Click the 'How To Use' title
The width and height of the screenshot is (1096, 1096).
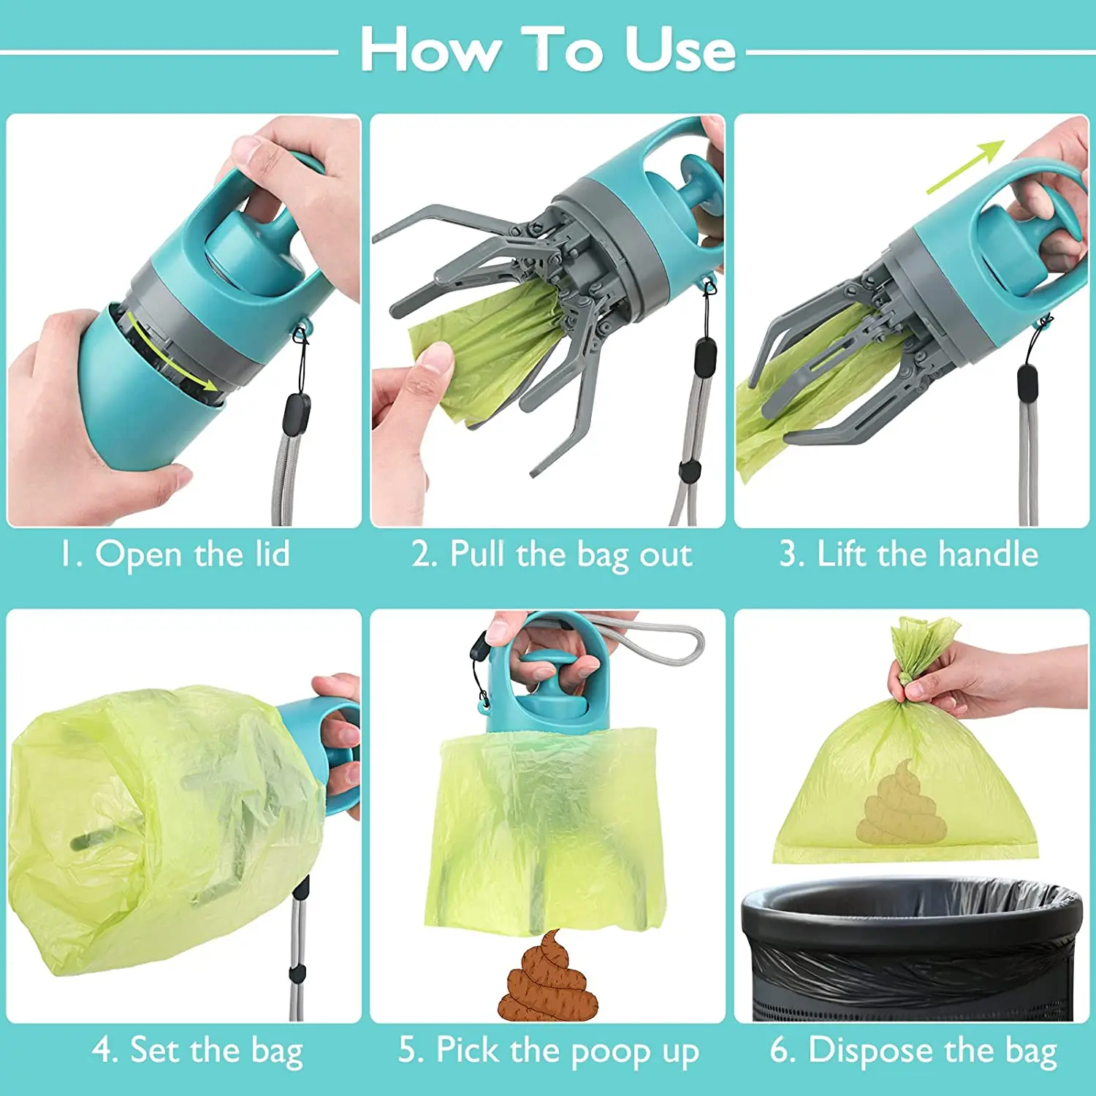point(548,50)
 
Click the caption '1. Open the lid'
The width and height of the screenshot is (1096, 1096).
point(175,554)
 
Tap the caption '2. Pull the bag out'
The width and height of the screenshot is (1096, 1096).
point(552,554)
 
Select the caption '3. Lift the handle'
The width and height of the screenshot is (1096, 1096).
point(908,554)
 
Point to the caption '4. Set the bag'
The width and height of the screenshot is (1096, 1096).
point(197,1051)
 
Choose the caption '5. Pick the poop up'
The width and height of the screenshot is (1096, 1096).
point(549,1051)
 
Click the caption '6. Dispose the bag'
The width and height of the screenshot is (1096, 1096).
point(913,1051)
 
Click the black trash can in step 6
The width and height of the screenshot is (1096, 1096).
point(910,950)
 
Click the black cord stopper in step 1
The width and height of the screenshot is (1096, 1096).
point(296,413)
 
